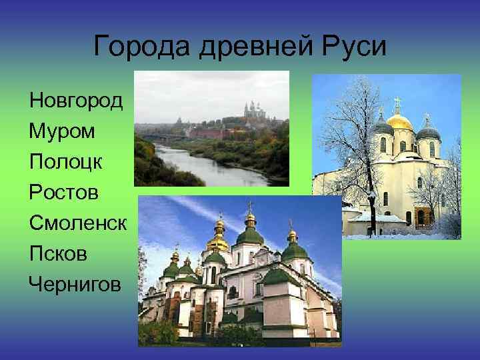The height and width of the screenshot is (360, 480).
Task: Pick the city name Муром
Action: pos(62,131)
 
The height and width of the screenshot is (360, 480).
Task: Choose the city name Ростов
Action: pos(64,193)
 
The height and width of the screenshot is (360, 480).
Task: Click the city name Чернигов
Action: pos(75,285)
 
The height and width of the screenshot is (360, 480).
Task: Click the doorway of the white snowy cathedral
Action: pos(420,217)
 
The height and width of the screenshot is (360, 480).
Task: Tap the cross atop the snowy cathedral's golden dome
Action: pos(398,103)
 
